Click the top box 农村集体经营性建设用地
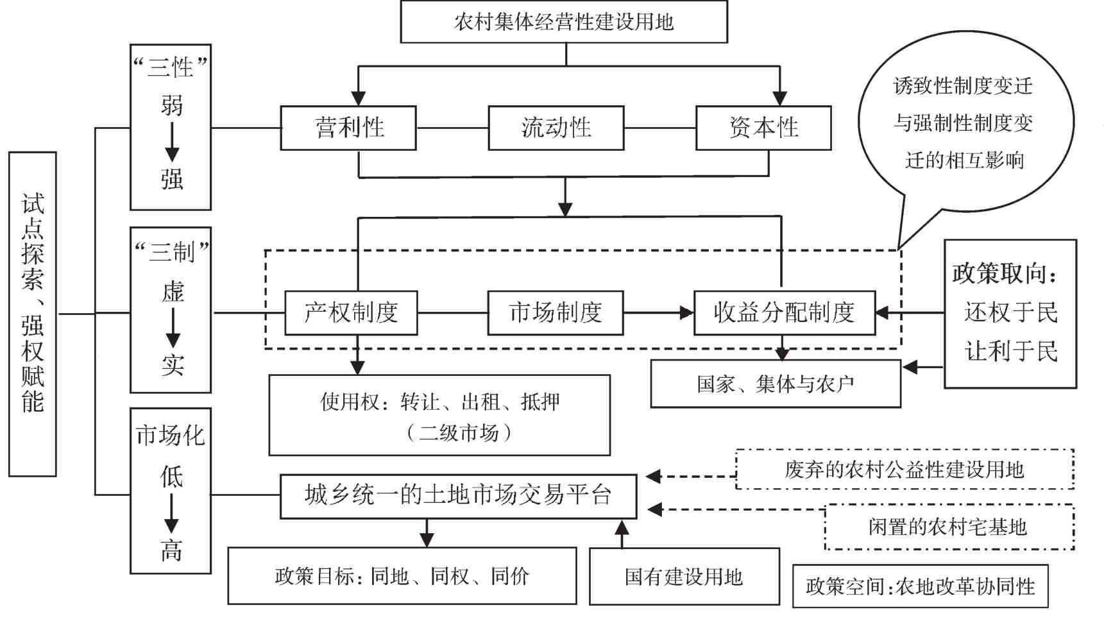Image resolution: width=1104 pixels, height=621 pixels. [563, 22]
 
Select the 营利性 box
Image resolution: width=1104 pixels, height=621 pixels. [348, 128]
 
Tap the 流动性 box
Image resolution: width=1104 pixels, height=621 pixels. [556, 128]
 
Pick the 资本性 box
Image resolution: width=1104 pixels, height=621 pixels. [763, 128]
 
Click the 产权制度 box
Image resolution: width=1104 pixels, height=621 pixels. [351, 312]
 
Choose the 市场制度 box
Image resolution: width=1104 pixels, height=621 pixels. [555, 312]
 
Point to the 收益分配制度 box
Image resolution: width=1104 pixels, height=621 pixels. [784, 312]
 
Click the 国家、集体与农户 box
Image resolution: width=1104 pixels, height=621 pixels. [775, 384]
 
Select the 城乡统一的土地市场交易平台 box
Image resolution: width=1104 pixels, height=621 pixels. [458, 495]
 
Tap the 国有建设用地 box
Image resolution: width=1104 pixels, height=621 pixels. [684, 576]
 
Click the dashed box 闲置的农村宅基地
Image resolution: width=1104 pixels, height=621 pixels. [948, 527]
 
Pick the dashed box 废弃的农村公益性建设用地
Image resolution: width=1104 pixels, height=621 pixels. [904, 470]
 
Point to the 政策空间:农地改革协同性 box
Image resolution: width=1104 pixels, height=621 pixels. [920, 586]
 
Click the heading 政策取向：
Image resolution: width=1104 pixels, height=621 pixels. [1005, 273]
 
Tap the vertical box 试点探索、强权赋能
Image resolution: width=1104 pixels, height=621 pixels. [33, 314]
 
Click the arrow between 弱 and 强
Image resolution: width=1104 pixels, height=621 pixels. [172, 142]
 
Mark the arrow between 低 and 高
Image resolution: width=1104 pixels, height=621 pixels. [171, 513]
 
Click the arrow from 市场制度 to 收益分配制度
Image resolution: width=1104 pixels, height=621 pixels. [658, 312]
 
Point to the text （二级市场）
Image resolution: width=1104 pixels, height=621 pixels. [459, 432]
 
